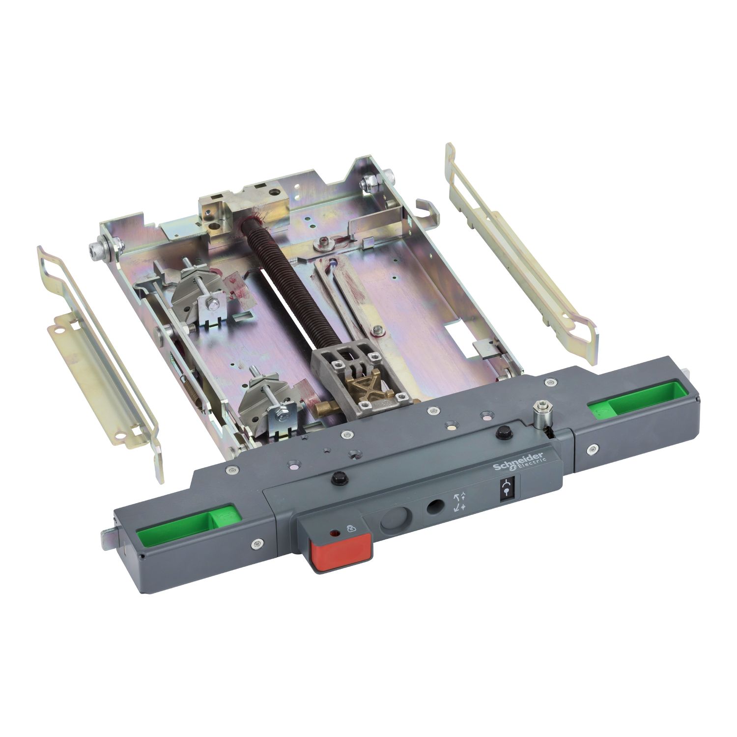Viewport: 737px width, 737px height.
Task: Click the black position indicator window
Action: click(506, 490)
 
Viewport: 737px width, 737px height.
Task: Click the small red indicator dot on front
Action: click(335, 533)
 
